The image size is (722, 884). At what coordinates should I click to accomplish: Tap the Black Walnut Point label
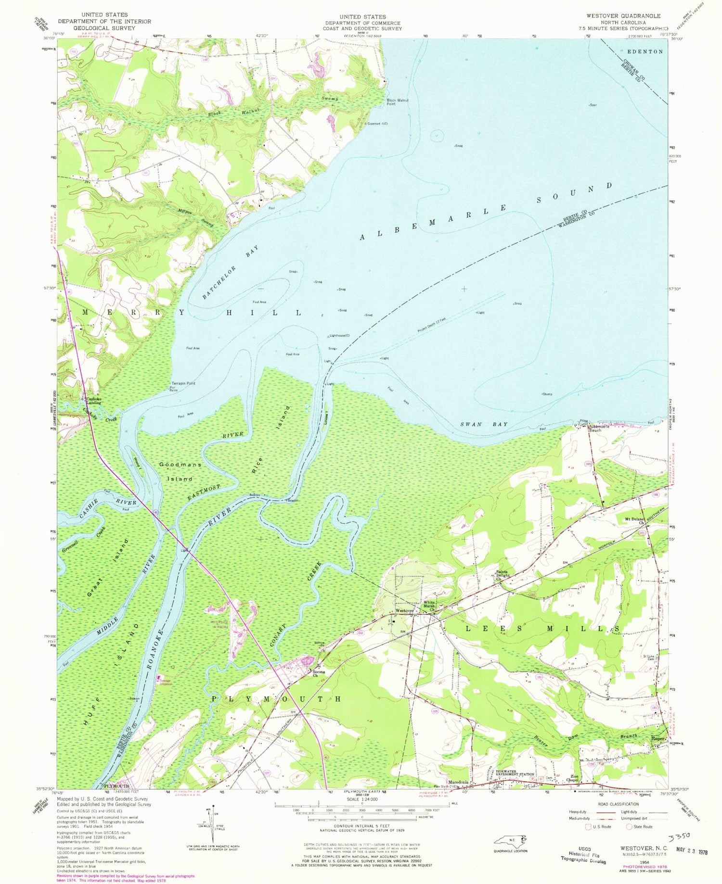coord(398,102)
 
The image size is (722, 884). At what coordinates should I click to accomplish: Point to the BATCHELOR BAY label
coord(231,272)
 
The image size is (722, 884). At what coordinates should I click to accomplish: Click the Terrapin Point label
coord(184,383)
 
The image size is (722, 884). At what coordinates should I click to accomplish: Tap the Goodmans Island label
coord(180,471)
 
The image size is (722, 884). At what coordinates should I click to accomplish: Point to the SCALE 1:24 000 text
coord(361,799)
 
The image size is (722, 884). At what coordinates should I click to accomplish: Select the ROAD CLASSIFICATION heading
coord(618,804)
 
